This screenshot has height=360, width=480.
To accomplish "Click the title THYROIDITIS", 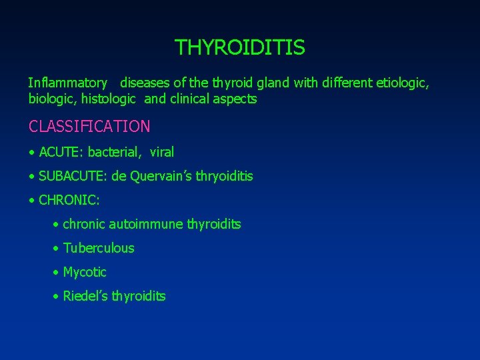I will (240, 48).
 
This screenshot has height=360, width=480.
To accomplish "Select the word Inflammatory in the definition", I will (67, 83).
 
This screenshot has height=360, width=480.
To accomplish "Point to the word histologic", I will (110, 99).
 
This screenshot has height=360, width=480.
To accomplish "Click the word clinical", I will (193, 99).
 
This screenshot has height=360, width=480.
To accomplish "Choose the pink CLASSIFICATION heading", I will (89, 126).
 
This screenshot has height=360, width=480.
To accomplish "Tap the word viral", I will (162, 153).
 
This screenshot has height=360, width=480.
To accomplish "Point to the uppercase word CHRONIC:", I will (69, 200).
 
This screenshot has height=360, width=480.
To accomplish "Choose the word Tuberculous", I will (99, 249).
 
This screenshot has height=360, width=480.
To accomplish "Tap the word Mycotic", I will (85, 273).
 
